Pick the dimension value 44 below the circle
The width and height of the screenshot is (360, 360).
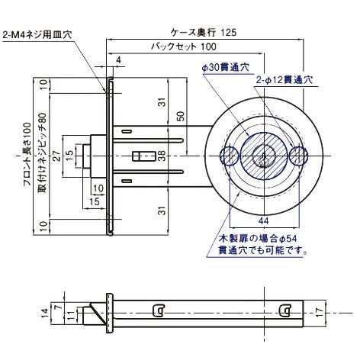262,220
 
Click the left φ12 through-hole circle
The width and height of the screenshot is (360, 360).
229,157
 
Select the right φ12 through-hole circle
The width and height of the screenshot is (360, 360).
298,157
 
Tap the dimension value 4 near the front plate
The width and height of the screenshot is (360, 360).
119,59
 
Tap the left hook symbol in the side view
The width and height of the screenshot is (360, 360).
158,310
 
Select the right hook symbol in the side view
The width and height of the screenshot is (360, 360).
286,310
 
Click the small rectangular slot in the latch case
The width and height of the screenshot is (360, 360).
142,156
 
